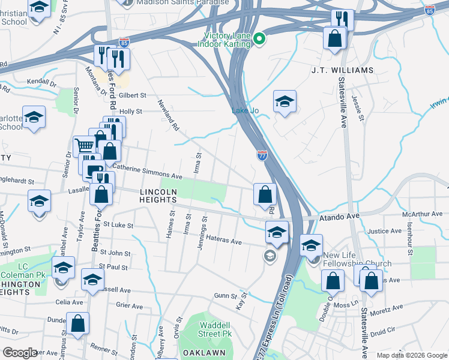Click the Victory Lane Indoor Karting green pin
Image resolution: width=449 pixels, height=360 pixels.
click(x=259, y=40)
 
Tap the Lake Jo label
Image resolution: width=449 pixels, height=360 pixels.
click(x=245, y=110)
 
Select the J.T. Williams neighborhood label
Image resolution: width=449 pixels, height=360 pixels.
click(x=342, y=70)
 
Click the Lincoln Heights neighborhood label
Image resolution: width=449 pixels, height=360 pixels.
click(x=158, y=196)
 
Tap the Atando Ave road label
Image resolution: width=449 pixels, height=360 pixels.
click(x=339, y=218)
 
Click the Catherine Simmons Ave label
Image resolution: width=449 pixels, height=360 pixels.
click(x=147, y=172)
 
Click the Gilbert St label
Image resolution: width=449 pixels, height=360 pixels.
click(x=132, y=95)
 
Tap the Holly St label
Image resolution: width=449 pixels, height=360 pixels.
click(x=130, y=111)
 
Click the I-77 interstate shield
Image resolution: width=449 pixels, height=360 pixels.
click(x=262, y=155)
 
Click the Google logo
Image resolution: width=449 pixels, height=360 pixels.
click(x=20, y=352)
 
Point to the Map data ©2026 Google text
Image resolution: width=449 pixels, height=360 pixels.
click(x=411, y=355)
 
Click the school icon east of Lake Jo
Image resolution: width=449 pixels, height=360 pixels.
click(x=285, y=101)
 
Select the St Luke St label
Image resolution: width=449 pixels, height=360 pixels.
click(x=117, y=225)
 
